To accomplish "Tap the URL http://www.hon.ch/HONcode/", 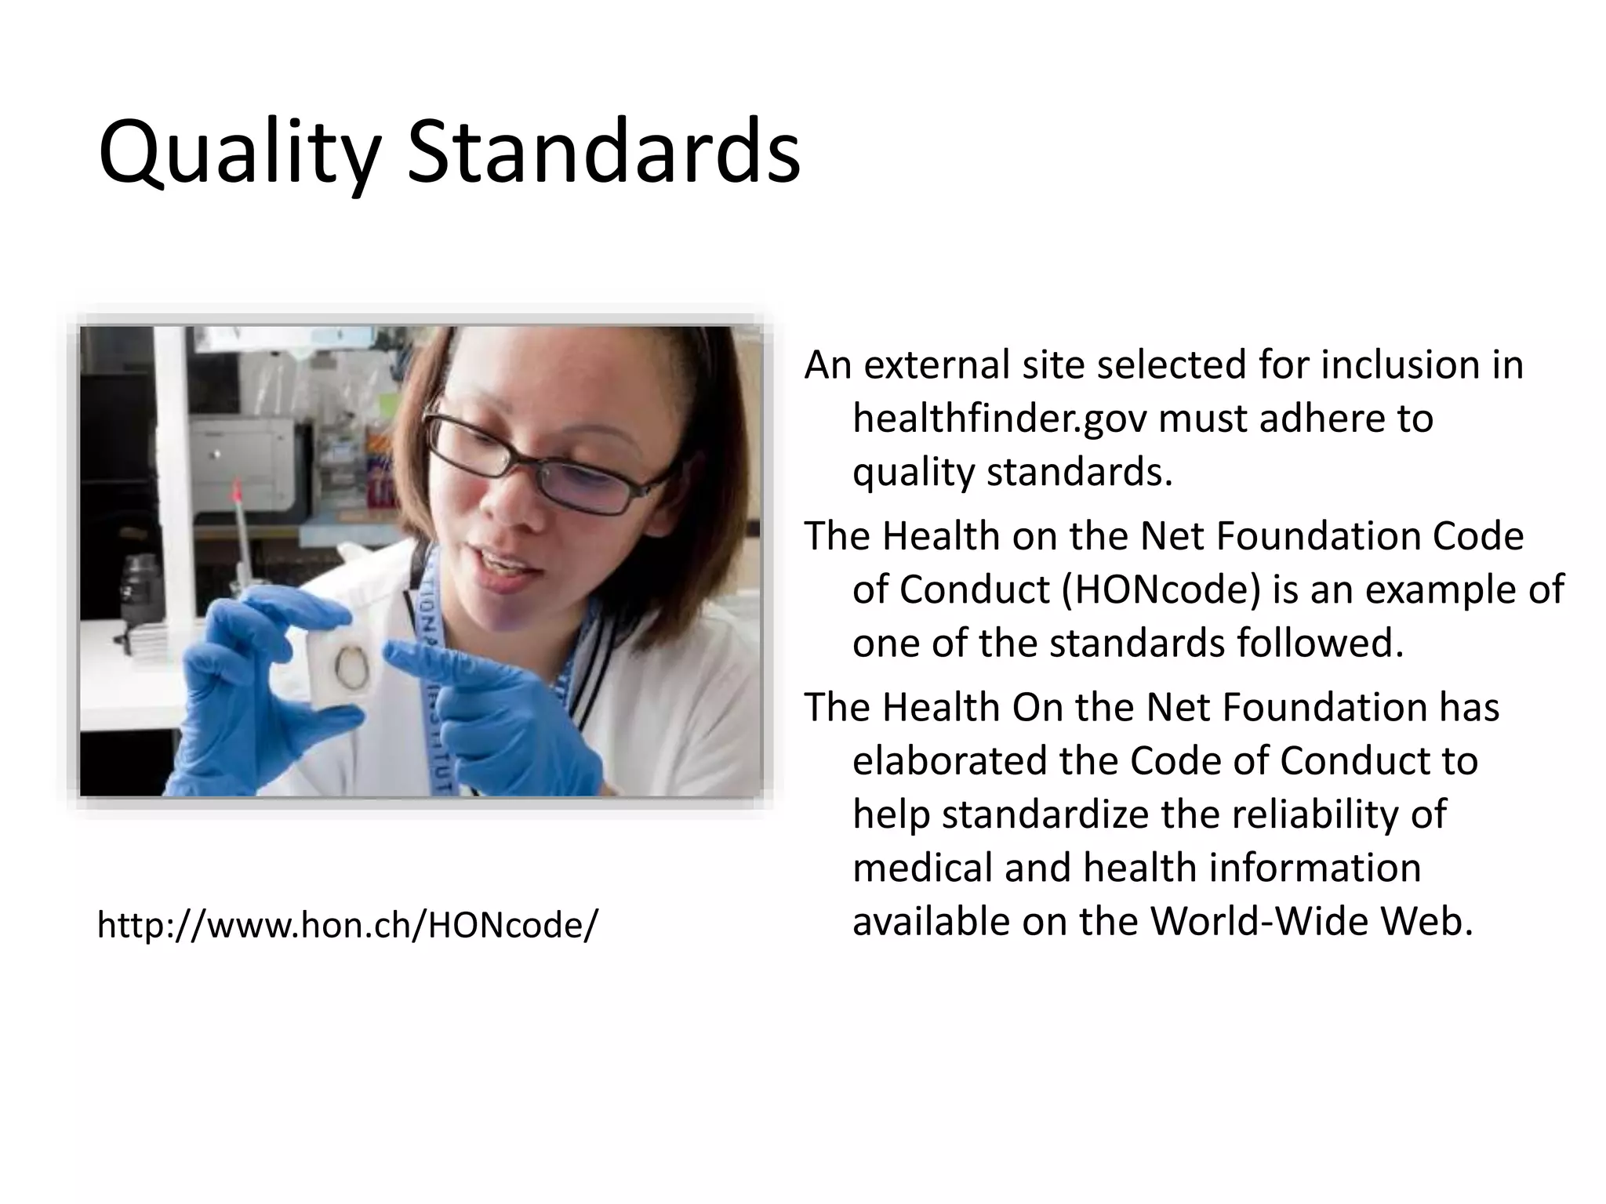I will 347,925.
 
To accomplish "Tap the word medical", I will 909,869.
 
